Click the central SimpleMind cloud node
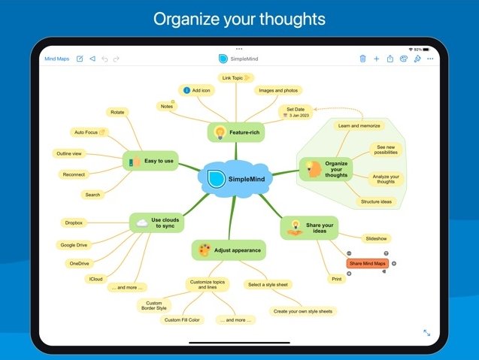tap(235, 179)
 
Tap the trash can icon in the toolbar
tap(362, 59)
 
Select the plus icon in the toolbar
tap(376, 59)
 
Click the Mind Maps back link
tap(57, 59)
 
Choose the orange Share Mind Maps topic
tap(368, 264)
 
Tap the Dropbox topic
tap(74, 223)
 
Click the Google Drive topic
tap(74, 245)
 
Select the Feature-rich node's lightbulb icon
tap(220, 132)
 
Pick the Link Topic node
tap(236, 78)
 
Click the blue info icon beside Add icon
tap(186, 90)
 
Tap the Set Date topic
tap(296, 112)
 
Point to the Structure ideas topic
tap(376, 202)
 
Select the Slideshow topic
tap(376, 239)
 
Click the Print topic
tap(337, 279)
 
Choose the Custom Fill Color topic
tap(182, 320)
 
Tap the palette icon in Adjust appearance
tap(204, 250)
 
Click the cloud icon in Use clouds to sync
tap(142, 223)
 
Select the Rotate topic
tap(117, 113)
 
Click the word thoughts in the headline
tap(293, 20)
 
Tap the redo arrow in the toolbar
tap(116, 59)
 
